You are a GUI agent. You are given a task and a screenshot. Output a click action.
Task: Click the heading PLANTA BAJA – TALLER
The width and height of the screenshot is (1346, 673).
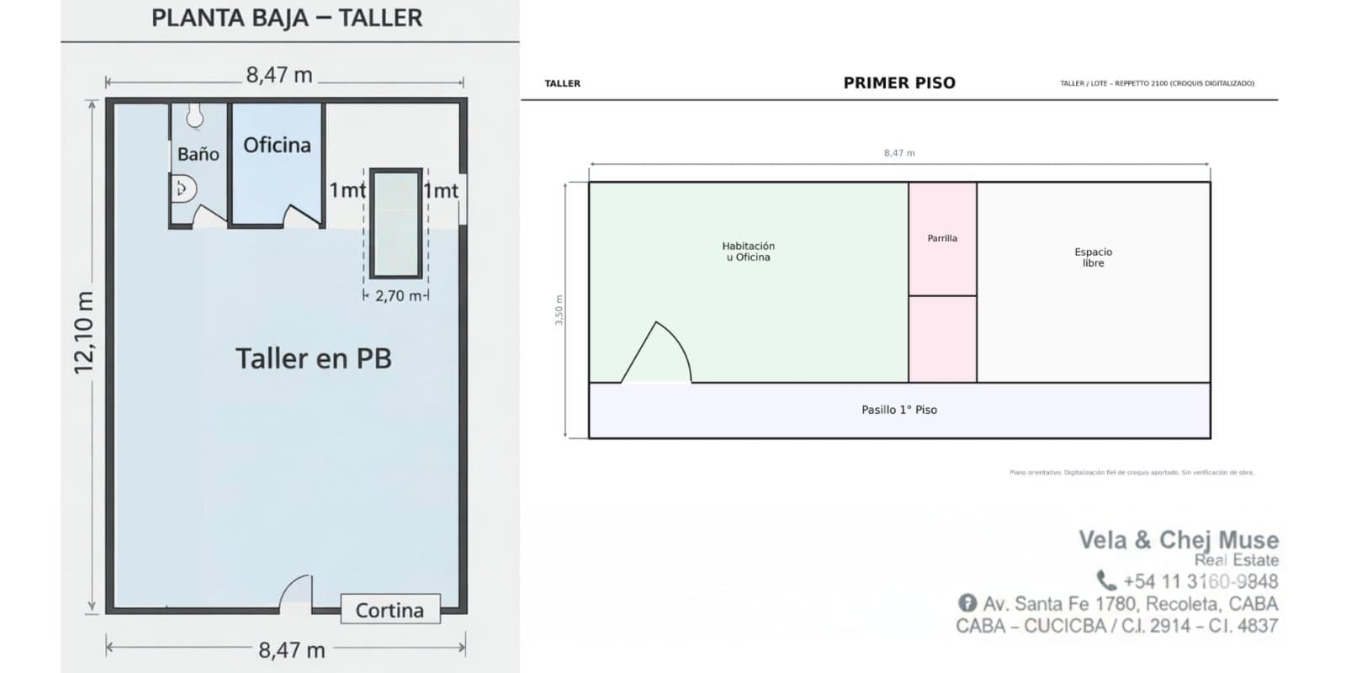(x=287, y=19)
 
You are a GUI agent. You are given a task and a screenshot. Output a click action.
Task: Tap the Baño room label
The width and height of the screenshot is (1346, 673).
(x=198, y=154)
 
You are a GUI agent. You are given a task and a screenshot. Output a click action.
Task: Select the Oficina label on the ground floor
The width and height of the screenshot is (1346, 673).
(x=277, y=146)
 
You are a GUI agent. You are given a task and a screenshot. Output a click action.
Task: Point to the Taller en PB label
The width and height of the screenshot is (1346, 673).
(x=313, y=358)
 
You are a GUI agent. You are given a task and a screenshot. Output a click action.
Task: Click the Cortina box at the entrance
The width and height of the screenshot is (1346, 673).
(x=389, y=610)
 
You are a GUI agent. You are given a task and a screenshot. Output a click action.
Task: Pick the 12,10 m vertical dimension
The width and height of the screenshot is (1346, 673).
(x=84, y=333)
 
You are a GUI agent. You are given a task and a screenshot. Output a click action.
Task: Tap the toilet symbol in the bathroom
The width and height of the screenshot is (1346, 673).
(x=183, y=188)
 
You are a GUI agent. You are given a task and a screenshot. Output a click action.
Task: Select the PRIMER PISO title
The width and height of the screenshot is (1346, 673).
(x=899, y=83)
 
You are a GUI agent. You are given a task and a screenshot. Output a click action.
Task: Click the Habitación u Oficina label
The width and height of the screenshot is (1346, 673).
(x=748, y=252)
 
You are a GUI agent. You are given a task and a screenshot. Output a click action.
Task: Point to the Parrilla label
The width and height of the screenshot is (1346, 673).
(x=942, y=238)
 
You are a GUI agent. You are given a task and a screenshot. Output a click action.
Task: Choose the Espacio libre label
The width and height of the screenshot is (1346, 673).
(x=1093, y=257)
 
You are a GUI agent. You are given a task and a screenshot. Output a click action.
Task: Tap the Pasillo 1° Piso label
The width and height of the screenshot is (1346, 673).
(x=898, y=410)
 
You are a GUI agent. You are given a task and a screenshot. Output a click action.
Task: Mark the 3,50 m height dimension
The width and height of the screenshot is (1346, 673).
(x=559, y=310)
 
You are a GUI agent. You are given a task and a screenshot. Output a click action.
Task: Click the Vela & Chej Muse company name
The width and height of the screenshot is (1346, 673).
(x=1178, y=539)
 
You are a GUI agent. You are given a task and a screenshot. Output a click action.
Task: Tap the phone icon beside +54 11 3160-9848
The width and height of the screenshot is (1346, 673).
(x=1105, y=580)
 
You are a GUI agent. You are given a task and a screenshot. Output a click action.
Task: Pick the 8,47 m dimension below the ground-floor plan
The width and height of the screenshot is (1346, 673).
(x=291, y=650)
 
